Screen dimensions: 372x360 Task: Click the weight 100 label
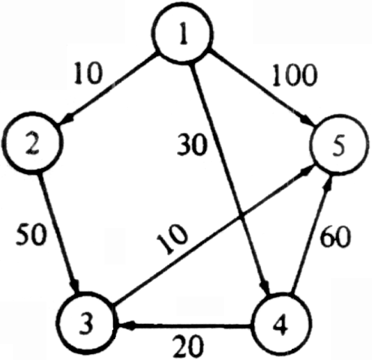(x=295, y=75)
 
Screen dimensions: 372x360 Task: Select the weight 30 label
(x=192, y=145)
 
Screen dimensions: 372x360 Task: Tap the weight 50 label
(x=31, y=235)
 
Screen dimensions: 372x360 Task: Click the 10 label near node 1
(x=88, y=73)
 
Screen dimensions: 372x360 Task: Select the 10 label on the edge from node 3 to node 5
(x=172, y=239)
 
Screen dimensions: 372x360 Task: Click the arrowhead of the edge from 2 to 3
(x=75, y=286)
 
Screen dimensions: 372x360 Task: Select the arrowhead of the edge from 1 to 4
(x=265, y=286)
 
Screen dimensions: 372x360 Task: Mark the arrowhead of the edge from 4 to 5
(x=328, y=182)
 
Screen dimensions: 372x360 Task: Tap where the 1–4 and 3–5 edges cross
(x=241, y=217)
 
